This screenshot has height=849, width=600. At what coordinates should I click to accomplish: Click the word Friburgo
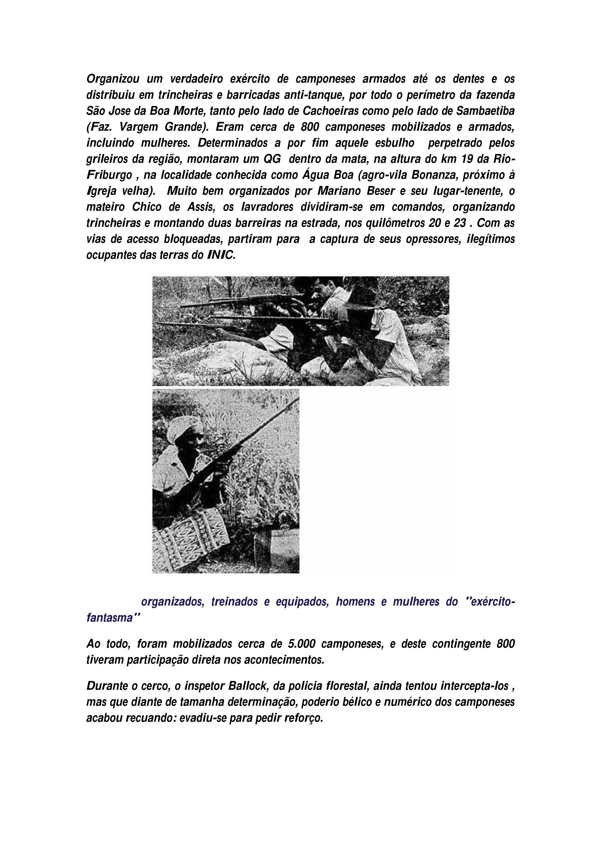click(x=109, y=175)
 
